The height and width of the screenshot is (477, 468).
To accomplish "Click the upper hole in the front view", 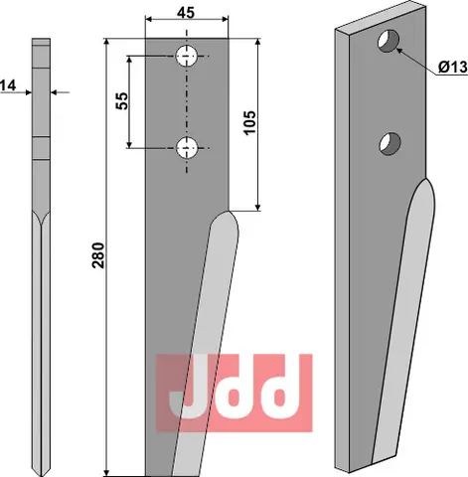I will coord(187,57).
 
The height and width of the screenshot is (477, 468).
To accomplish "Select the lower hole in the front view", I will coord(187,148).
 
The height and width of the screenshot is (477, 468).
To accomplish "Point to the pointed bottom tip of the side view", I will coord(40,468).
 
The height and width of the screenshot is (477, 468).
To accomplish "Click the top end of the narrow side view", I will coord(40,42).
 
